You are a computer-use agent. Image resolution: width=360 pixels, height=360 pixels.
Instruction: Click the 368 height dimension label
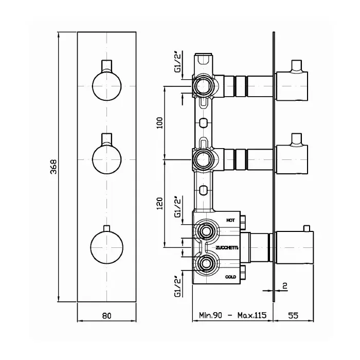(x=53, y=167)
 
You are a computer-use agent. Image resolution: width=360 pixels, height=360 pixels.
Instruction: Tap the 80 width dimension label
(x=107, y=315)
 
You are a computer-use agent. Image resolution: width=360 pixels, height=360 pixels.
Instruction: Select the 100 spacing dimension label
(x=160, y=123)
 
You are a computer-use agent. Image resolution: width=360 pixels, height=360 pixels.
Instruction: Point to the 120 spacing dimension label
(x=160, y=203)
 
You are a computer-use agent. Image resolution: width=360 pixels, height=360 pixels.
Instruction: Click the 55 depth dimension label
(x=293, y=315)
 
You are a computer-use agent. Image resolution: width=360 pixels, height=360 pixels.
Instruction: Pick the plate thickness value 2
(x=285, y=286)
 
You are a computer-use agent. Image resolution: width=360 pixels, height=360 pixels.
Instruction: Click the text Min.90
(x=210, y=315)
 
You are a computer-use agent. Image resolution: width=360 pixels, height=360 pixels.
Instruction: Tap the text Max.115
(x=252, y=315)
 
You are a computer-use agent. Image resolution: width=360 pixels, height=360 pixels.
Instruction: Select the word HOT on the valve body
(x=230, y=220)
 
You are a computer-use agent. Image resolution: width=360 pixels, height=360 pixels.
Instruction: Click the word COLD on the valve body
(x=230, y=277)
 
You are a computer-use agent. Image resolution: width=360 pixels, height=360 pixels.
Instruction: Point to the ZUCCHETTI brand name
(x=227, y=248)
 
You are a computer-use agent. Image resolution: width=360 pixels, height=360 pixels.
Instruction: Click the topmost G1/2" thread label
(x=178, y=62)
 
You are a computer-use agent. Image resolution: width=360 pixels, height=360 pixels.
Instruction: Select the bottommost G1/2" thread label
(x=178, y=287)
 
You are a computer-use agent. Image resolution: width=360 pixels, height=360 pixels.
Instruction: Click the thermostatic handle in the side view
(x=295, y=247)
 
